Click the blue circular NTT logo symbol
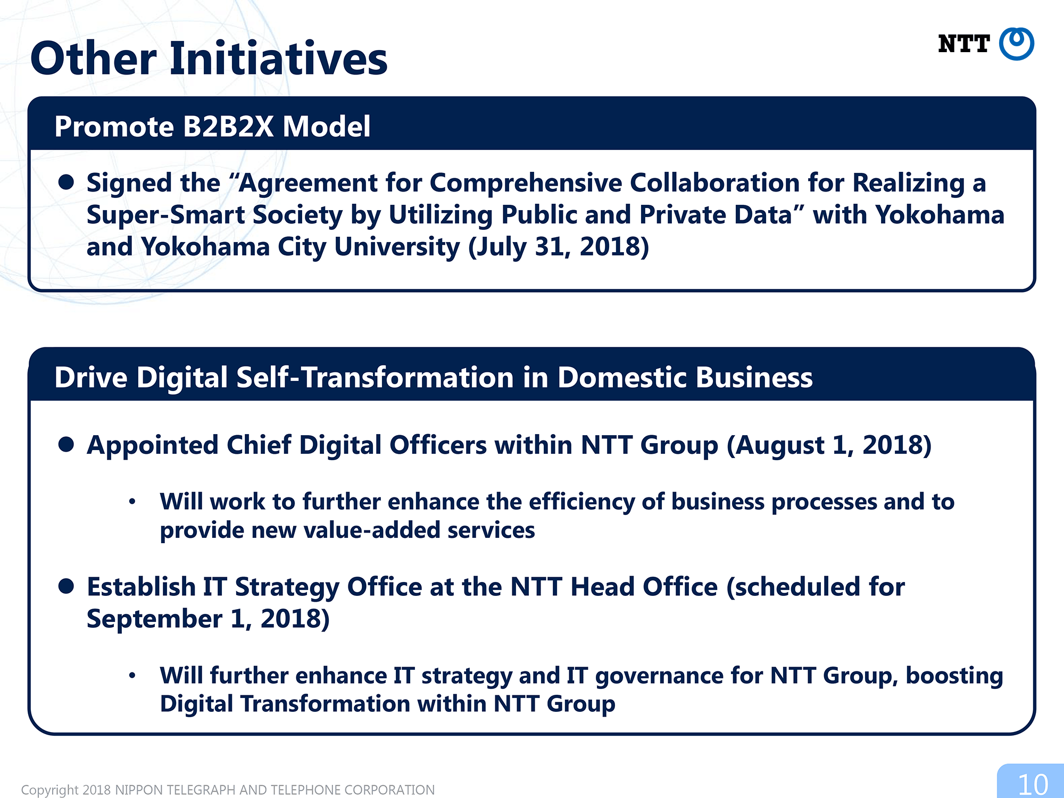(1016, 44)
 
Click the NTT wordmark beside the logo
(963, 44)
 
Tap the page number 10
(1033, 784)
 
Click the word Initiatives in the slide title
(278, 58)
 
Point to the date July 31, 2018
(559, 247)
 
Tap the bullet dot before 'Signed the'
(66, 182)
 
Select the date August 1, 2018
(829, 445)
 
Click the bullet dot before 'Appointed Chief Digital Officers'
(66, 444)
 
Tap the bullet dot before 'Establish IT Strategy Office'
(66, 586)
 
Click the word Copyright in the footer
(50, 790)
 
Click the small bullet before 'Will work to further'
(132, 501)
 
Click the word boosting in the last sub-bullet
(954, 676)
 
